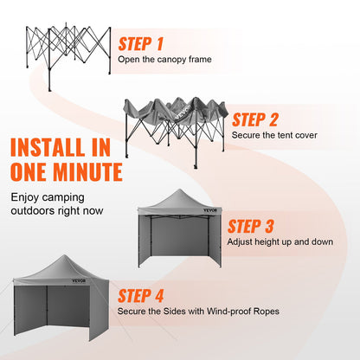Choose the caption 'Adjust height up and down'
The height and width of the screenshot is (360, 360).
click(x=279, y=242)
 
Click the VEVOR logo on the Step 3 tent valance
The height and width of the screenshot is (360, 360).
click(x=211, y=210)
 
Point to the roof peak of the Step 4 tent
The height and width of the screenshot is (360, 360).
click(x=60, y=257)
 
